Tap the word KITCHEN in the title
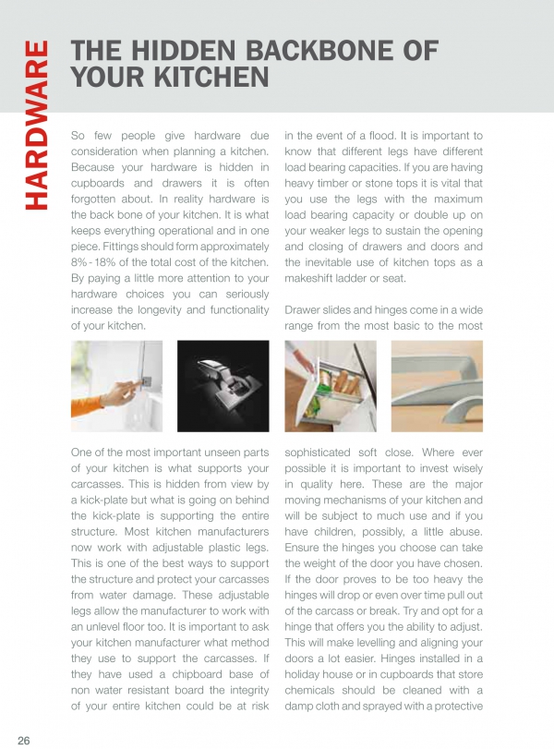coord(203,78)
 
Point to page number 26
coord(24,740)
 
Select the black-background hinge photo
coord(223,385)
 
